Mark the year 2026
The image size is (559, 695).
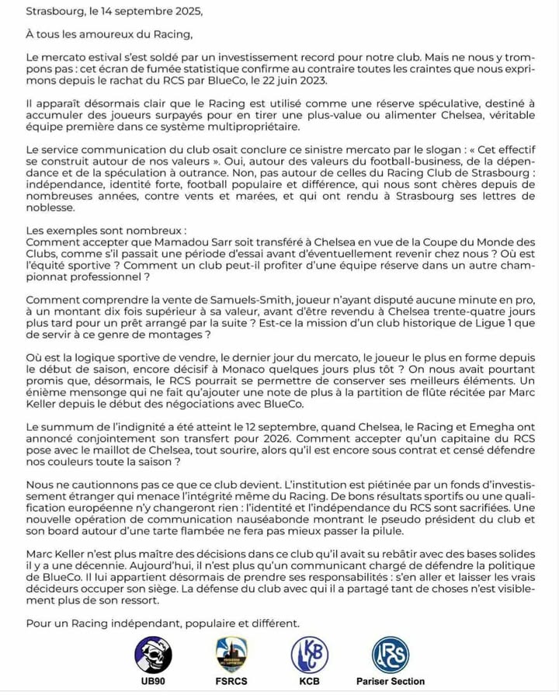(241, 439)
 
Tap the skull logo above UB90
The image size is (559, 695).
(153, 653)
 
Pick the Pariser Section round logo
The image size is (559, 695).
(391, 653)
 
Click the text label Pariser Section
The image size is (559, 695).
(391, 682)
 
